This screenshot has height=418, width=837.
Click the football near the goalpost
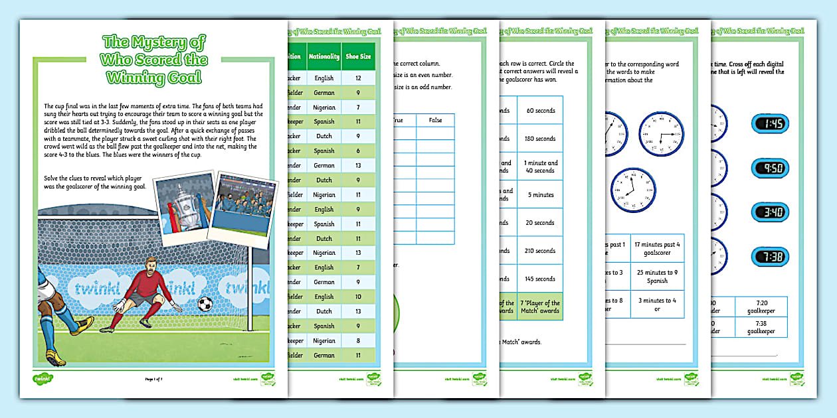click(x=205, y=304)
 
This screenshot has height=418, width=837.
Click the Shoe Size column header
click(x=358, y=56)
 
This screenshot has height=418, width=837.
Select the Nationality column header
click(x=324, y=56)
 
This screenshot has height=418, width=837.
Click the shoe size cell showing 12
click(x=358, y=78)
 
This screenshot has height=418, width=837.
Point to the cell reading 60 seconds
click(x=540, y=111)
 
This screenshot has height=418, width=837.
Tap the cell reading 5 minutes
click(x=540, y=195)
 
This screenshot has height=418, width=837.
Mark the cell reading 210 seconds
click(x=540, y=251)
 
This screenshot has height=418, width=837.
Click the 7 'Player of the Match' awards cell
click(x=540, y=307)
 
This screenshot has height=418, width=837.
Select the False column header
click(x=435, y=120)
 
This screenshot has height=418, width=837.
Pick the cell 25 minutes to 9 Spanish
click(x=657, y=277)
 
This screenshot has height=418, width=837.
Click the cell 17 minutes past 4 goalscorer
click(x=657, y=249)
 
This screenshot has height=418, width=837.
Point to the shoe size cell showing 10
click(x=358, y=297)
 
